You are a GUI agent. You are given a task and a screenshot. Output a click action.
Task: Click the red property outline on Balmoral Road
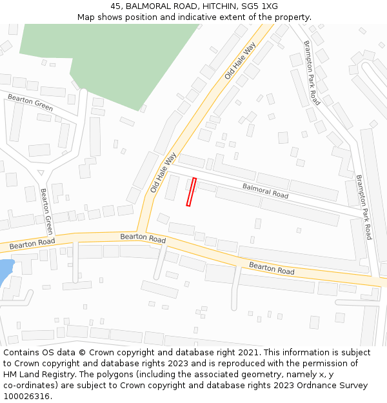(x=191, y=192)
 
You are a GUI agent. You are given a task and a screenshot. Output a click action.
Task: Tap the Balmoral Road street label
(x=265, y=191)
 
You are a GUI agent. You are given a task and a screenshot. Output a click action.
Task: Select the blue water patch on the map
(x=4, y=271)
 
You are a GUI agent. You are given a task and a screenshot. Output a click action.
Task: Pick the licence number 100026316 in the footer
(x=25, y=397)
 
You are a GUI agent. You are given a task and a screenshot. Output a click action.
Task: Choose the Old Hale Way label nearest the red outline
(x=163, y=172)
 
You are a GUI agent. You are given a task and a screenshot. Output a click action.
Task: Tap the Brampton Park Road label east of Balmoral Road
(x=364, y=207)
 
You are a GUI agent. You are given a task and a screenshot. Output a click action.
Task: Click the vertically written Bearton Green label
(x=46, y=211)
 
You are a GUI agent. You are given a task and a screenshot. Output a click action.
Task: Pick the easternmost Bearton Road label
(x=272, y=268)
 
